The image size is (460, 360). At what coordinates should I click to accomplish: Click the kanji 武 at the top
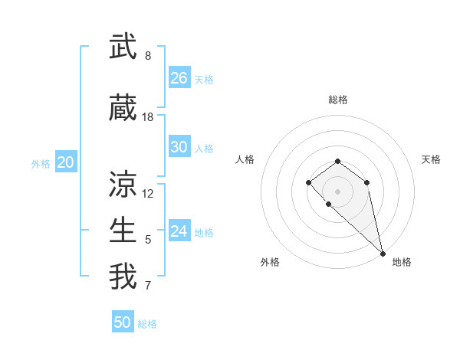[123, 47]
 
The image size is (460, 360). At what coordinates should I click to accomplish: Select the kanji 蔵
[123, 109]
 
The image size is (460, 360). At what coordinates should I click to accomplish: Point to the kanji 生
[123, 231]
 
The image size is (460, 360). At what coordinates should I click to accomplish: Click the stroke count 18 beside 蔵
[148, 117]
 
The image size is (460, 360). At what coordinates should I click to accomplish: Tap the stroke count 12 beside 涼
[148, 194]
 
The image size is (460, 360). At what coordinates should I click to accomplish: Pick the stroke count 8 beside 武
[148, 56]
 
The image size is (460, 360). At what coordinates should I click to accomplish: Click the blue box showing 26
[179, 77]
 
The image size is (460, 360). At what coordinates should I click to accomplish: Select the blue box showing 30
[179, 146]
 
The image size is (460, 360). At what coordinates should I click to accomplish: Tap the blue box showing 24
[179, 231]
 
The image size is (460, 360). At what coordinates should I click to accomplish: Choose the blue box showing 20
[66, 162]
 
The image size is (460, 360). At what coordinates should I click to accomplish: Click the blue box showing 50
[123, 322]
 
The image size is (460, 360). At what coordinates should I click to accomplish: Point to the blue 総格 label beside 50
[147, 324]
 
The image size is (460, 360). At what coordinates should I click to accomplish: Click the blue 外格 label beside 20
[41, 163]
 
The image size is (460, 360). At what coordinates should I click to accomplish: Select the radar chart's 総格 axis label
[338, 100]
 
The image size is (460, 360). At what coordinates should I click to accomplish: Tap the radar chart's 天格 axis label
[431, 159]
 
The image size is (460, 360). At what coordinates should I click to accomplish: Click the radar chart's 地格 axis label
[402, 262]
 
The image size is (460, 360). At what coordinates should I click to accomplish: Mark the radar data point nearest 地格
[383, 253]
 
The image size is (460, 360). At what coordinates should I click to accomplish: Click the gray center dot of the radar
[338, 191]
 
